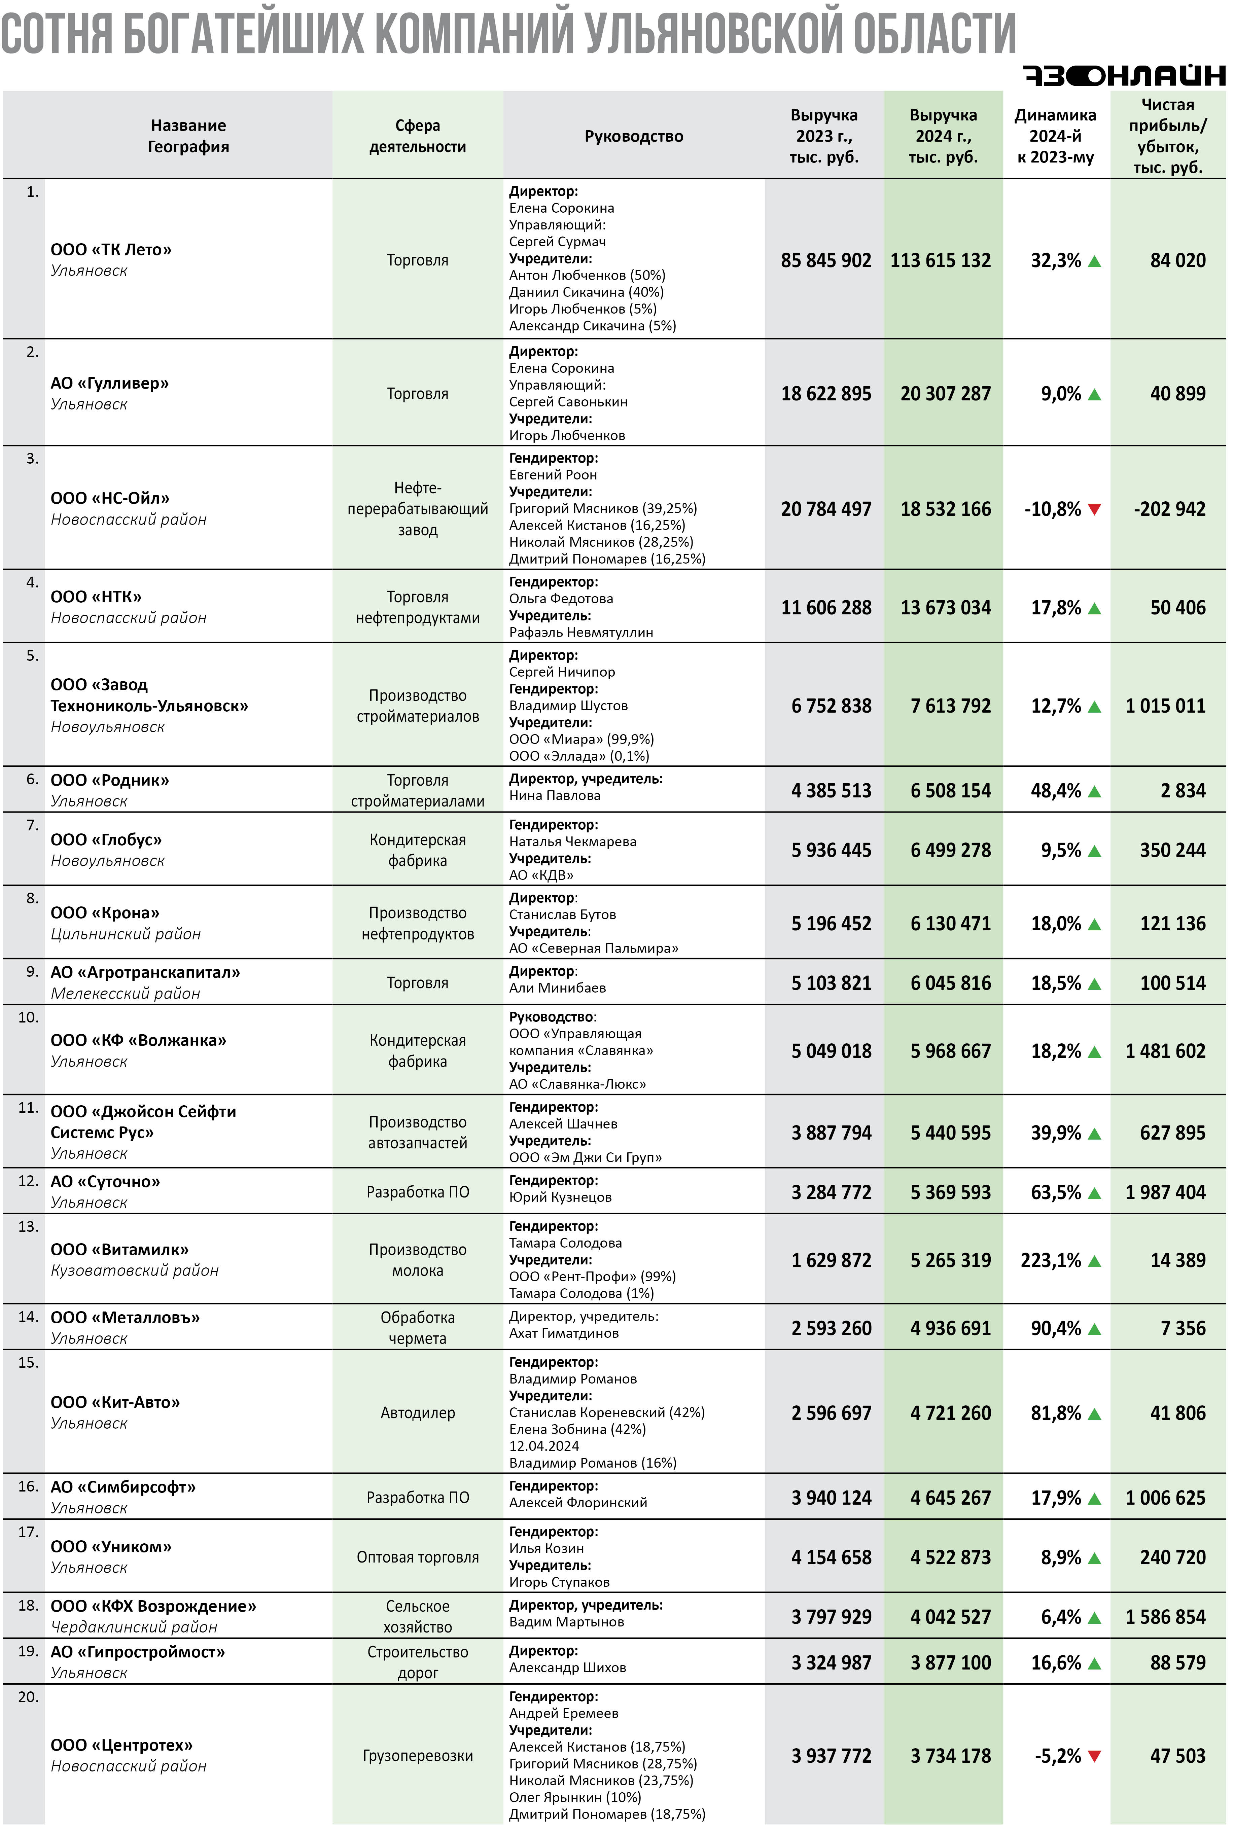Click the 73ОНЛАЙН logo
coord(1124,75)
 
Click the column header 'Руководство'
coord(634,136)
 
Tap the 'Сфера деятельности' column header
coord(417,136)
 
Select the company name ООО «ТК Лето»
coord(111,249)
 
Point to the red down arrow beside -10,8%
coord(1094,509)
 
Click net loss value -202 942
coord(1169,509)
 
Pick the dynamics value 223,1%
coord(1051,1260)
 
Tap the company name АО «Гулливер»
coord(109,383)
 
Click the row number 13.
coord(28,1226)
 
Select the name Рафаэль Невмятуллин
coord(581,633)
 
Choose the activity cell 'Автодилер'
coord(417,1413)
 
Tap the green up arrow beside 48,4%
coord(1094,791)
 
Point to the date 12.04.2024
coord(544,1446)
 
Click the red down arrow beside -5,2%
coord(1094,1756)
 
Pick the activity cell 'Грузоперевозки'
coord(417,1756)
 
